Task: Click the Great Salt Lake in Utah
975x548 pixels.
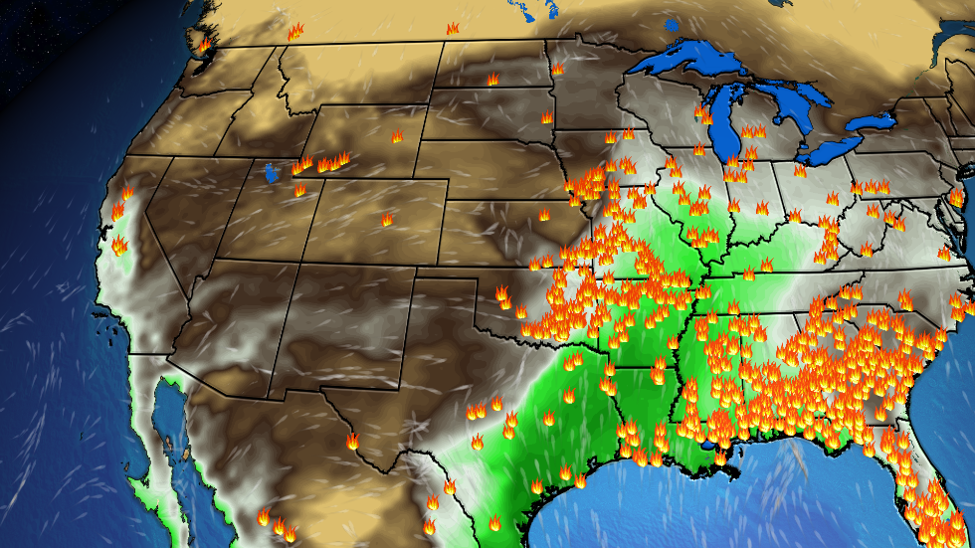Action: pos(272,174)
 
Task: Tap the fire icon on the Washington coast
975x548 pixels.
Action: pos(204,46)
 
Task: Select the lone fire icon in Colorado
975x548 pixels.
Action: pos(387,220)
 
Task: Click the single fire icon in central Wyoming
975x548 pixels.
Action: pos(397,136)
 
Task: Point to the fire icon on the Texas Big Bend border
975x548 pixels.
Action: pos(352,440)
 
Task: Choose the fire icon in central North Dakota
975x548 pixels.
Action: pos(492,78)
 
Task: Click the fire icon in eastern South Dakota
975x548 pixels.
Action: pos(546,117)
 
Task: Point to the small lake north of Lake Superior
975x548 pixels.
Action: pos(670,24)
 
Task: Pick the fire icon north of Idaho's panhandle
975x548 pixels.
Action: pos(294,32)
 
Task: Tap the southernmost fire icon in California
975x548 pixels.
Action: pos(119,245)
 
